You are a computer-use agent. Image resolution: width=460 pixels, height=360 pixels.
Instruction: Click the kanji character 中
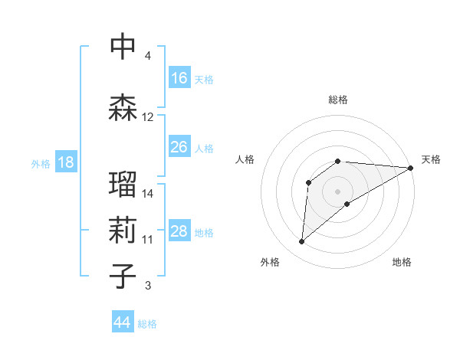tap(123, 47)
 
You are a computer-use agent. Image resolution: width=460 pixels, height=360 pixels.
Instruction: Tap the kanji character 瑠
tap(123, 185)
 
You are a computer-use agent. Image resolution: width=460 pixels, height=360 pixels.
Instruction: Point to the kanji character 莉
tap(123, 231)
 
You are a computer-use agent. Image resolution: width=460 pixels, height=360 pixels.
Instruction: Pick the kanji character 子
tap(123, 277)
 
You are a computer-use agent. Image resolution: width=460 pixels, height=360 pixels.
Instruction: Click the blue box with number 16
tap(179, 78)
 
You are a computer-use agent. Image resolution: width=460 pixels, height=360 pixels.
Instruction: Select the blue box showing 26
tap(179, 147)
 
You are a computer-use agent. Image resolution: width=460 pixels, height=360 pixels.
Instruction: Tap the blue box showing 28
tap(179, 231)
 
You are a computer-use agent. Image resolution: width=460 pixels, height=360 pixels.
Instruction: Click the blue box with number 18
tap(65, 162)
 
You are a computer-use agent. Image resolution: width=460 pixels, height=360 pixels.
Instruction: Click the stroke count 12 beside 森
tap(148, 117)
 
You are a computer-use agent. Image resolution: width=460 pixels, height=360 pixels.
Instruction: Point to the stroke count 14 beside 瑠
tap(148, 193)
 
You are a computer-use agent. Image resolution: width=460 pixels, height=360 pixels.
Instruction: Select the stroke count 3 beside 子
tap(148, 286)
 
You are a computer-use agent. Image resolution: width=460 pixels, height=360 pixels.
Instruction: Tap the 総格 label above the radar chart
tap(338, 100)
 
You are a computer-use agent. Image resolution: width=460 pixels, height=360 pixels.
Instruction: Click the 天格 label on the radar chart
tap(431, 159)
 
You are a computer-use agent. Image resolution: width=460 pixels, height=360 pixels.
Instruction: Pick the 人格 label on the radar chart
tap(245, 159)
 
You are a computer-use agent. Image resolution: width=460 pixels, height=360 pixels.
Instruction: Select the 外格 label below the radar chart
tap(270, 262)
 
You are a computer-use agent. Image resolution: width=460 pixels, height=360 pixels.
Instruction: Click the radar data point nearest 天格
tap(411, 168)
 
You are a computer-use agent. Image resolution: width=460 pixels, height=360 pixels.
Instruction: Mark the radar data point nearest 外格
tap(301, 242)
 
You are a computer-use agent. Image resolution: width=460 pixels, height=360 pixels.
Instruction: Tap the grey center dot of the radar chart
tap(337, 191)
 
